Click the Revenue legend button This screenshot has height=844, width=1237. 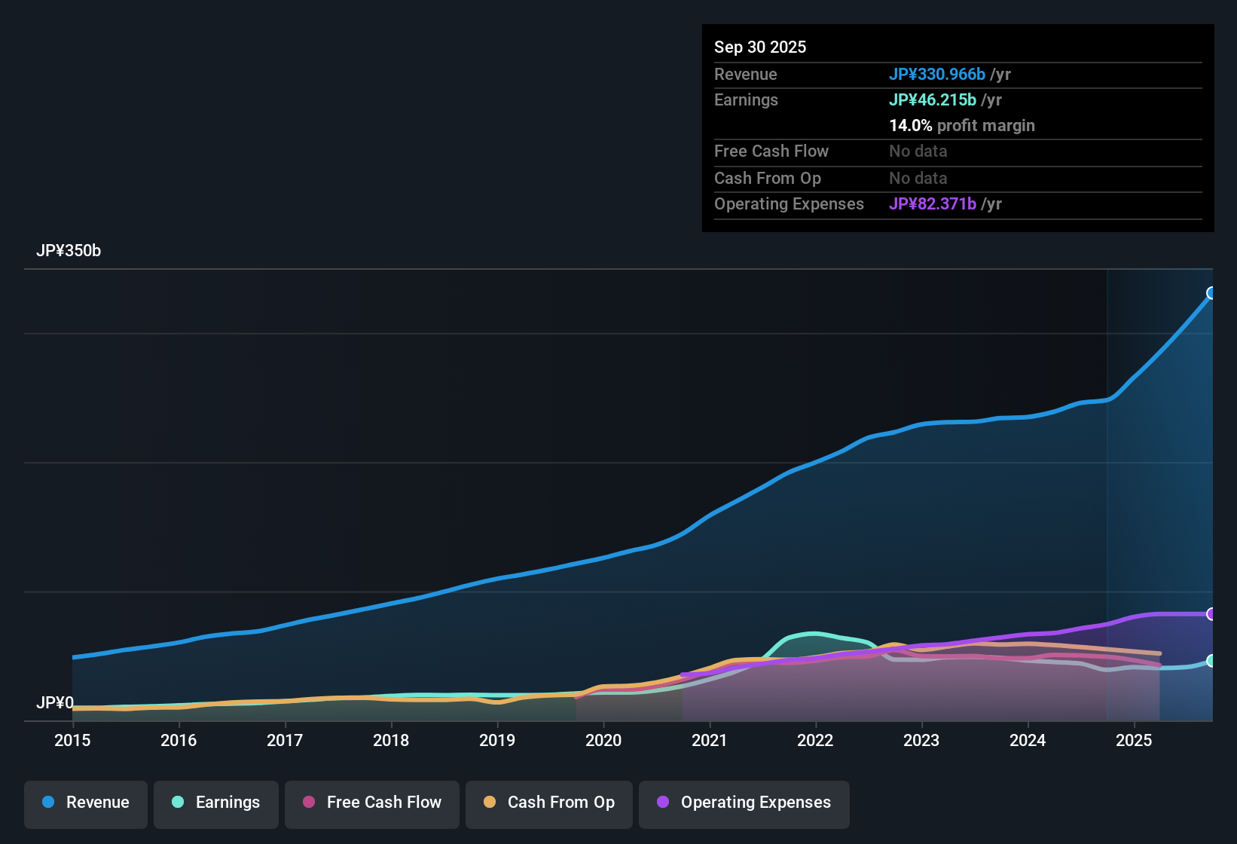click(86, 803)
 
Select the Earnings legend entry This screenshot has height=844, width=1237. click(216, 803)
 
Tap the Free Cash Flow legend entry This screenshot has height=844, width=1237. click(372, 803)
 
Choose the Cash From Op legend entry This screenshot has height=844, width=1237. click(549, 803)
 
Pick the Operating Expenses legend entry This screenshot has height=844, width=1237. click(744, 803)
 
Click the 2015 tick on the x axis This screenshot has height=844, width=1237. click(72, 740)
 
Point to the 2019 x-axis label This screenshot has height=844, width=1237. click(497, 740)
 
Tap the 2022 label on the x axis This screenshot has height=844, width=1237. click(815, 740)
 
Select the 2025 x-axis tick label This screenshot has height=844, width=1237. click(1134, 740)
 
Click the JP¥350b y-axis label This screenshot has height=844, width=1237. click(69, 251)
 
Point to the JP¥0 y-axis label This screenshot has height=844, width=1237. click(55, 703)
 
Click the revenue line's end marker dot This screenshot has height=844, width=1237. click(1211, 293)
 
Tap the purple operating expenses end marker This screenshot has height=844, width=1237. click(1211, 614)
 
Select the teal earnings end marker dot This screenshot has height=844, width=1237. click(1211, 661)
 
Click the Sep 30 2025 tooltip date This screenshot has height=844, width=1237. click(760, 47)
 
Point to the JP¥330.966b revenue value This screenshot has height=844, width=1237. click(937, 74)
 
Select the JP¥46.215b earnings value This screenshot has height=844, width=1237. click(933, 100)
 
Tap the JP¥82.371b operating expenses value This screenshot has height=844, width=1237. click(933, 204)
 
